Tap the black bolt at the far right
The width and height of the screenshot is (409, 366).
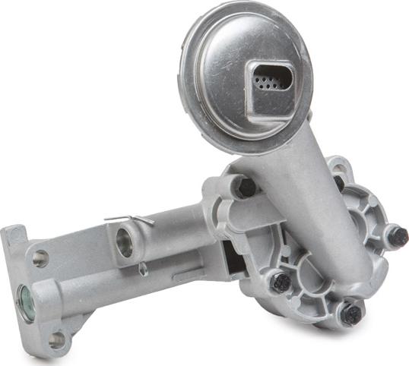coord(397,236)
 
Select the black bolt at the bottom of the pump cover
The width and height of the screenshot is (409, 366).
coord(350,313)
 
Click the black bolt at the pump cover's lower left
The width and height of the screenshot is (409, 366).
coord(281,282)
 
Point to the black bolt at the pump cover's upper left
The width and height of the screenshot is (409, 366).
coord(244,187)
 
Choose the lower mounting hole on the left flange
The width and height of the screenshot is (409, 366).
coord(57,340)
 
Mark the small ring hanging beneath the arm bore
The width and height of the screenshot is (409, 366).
coord(143,268)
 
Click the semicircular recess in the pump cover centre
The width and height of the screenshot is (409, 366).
coord(315,273)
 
